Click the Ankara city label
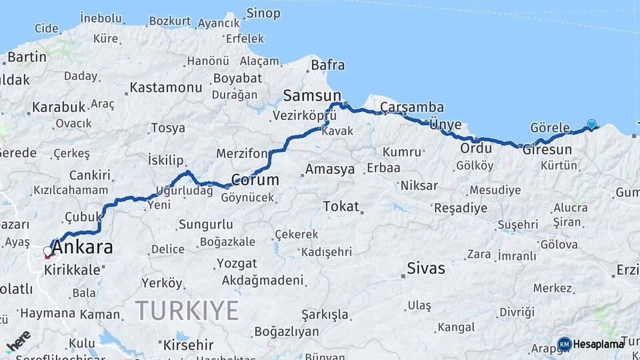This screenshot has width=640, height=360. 82,248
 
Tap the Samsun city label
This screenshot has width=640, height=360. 312,95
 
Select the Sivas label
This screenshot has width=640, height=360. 427,269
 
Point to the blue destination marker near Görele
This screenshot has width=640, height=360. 591,124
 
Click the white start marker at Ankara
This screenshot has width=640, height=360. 47,251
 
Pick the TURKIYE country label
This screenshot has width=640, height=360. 187,311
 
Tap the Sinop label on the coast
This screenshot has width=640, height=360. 263,13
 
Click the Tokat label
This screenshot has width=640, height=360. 341,206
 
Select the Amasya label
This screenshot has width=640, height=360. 330,169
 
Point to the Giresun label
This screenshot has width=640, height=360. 547,149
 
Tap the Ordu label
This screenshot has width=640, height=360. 476,148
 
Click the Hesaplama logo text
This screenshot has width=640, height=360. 599,344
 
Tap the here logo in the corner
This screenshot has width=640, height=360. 18,339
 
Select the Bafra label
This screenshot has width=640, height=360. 328,65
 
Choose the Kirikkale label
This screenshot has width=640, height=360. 73,270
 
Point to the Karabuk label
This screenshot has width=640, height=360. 59,107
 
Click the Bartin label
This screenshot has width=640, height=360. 27,57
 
